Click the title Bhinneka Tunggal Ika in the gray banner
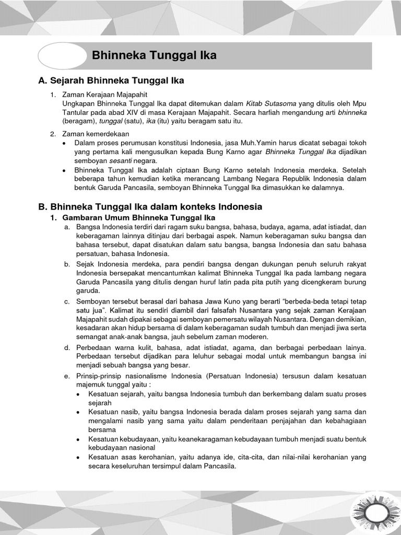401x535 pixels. [x=154, y=55]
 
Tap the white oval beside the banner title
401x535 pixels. [x=62, y=56]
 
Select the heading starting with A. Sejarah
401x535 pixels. [x=111, y=80]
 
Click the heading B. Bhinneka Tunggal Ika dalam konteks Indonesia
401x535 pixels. [x=150, y=207]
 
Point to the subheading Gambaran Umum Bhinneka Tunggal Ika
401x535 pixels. [x=138, y=217]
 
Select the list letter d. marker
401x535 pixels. [x=67, y=348]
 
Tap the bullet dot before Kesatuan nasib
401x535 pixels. [x=78, y=412]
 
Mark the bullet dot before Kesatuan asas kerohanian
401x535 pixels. [x=78, y=457]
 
